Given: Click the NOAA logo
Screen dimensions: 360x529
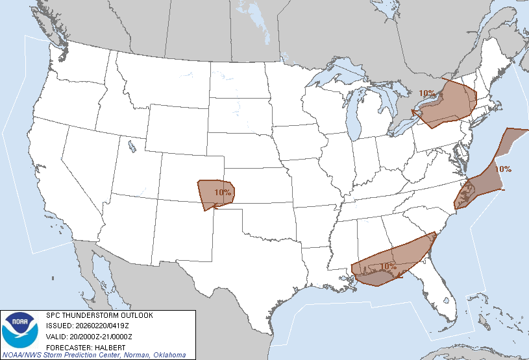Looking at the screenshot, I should (x=20, y=330).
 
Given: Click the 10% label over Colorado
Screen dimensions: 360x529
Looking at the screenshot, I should (x=223, y=193).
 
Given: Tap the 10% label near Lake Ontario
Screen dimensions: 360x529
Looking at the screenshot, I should (x=427, y=93).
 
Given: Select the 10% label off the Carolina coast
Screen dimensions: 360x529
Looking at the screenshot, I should (x=503, y=169).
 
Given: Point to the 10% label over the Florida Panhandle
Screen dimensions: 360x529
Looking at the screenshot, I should (x=388, y=266).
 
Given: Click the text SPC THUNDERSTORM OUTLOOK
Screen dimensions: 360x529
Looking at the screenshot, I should (x=99, y=315).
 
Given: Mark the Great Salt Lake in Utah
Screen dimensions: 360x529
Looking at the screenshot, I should (x=132, y=143).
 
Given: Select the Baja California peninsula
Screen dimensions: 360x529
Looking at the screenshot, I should (x=97, y=272).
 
